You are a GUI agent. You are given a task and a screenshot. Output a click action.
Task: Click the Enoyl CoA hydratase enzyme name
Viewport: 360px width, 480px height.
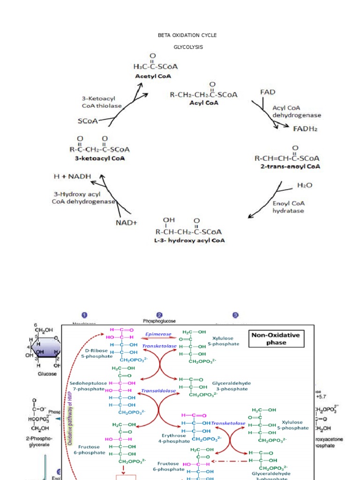point(288,207)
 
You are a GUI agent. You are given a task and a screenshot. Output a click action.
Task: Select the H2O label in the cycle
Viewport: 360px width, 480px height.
point(305,186)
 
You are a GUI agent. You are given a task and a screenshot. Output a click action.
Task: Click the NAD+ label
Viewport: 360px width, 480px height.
point(127,223)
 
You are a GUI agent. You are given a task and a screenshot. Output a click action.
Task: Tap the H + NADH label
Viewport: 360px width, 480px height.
point(71,177)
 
